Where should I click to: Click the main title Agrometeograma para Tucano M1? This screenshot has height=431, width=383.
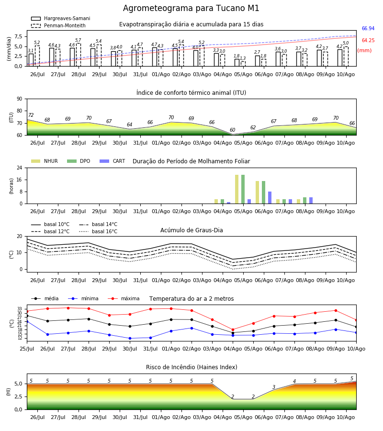point(191,8)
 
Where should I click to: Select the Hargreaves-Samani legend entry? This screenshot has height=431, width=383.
point(60,18)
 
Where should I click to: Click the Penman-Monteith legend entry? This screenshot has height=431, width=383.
point(58,25)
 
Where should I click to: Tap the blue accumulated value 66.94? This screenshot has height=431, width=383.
point(368,29)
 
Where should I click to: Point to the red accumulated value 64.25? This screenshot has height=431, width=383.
point(368,40)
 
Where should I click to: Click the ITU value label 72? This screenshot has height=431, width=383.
point(31,115)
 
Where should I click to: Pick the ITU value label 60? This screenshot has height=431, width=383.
point(233,130)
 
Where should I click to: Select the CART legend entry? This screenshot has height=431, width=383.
point(113,161)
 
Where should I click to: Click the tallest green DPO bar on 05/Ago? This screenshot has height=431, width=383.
point(243,189)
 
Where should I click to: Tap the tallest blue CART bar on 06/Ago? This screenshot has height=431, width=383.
point(270,198)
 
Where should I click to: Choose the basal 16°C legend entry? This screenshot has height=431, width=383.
point(98,231)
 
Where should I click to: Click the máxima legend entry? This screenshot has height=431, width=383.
point(124,298)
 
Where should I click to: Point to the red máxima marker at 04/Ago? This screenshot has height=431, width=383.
point(233,329)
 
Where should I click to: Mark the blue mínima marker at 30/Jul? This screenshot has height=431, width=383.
point(130,339)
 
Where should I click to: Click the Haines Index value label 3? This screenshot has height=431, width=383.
point(274,387)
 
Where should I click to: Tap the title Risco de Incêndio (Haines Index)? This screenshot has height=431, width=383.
point(191,367)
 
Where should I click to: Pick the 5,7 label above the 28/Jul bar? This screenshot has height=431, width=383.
point(78,40)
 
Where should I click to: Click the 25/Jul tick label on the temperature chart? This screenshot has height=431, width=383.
point(27,349)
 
